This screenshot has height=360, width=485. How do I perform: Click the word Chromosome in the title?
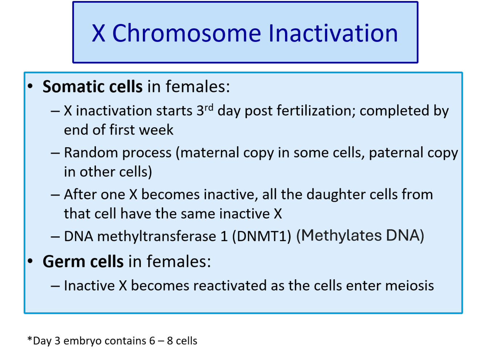coord(187,33)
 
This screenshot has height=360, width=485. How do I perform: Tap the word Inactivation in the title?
coord(333,33)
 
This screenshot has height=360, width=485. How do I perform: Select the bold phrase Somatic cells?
coord(92,87)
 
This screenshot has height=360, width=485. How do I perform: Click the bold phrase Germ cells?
coord(83,261)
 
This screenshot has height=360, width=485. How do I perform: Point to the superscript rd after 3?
coord(209,108)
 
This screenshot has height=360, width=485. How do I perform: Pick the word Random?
coord(91,152)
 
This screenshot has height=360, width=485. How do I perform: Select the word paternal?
coord(396,152)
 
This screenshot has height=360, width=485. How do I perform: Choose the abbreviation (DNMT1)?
coord(261,236)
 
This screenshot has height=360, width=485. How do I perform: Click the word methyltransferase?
coord(157,236)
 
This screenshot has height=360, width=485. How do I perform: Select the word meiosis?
coord(409,286)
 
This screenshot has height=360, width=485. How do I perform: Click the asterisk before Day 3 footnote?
coord(30,339)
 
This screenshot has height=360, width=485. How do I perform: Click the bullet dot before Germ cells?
coord(30,261)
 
